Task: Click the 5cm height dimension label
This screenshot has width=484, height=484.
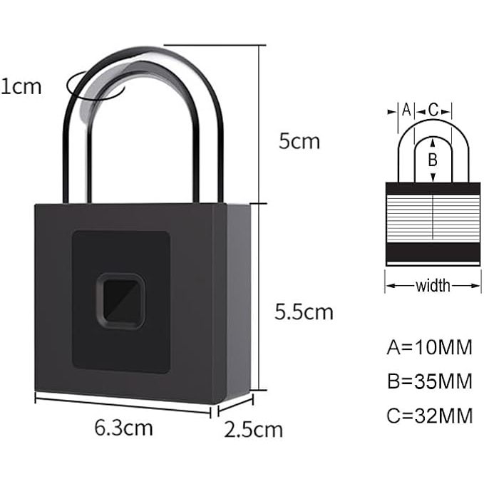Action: pyautogui.click(x=299, y=140)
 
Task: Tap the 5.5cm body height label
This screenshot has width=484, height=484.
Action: pyautogui.click(x=304, y=311)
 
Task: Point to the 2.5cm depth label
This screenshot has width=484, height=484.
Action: pyautogui.click(x=253, y=430)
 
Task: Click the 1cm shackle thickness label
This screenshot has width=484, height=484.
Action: pyautogui.click(x=21, y=87)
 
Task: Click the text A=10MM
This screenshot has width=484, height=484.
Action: pyautogui.click(x=429, y=348)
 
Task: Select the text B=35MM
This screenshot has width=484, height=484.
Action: pyautogui.click(x=429, y=381)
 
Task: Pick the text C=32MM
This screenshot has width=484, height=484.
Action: pyautogui.click(x=429, y=416)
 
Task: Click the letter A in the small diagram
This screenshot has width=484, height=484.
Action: pyautogui.click(x=406, y=110)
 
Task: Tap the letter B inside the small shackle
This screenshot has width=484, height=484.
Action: pyautogui.click(x=432, y=160)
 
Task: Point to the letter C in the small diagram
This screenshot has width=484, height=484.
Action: pyautogui.click(x=433, y=110)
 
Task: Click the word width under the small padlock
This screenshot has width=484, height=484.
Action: pyautogui.click(x=433, y=286)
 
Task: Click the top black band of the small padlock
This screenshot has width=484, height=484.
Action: pyautogui.click(x=433, y=189)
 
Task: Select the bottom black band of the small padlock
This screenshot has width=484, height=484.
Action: pyautogui.click(x=433, y=252)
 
